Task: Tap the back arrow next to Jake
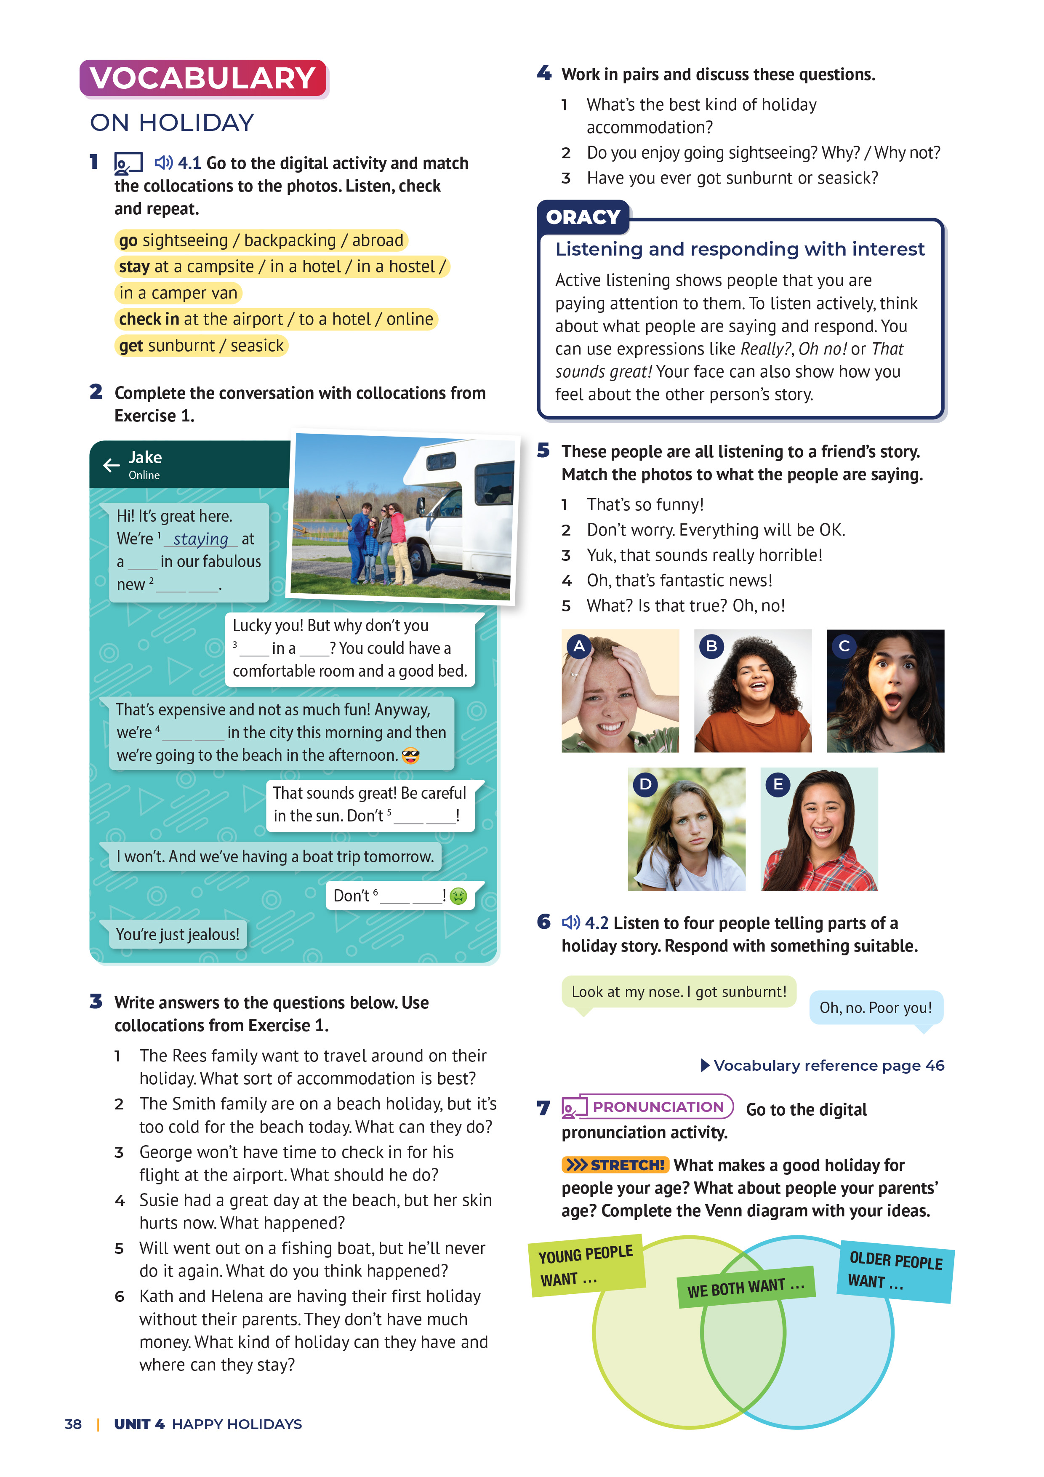[x=111, y=465]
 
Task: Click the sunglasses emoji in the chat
[x=410, y=756]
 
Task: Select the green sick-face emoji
[x=458, y=896]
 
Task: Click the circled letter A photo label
[x=579, y=646]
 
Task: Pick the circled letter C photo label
[x=844, y=646]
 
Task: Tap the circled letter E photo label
[x=778, y=784]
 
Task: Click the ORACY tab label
[x=583, y=217]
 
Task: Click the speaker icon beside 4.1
[x=163, y=163]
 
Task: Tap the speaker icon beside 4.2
[x=570, y=922]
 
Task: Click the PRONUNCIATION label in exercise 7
[x=658, y=1106]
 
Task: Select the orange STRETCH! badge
[x=615, y=1165]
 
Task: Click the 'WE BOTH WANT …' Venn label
[x=746, y=1287]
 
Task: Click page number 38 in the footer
[x=73, y=1424]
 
